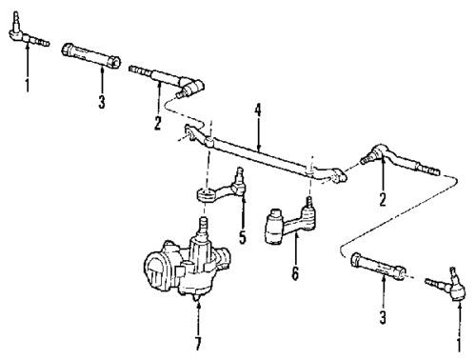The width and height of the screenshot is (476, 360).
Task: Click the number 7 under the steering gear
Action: (x=197, y=341)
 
